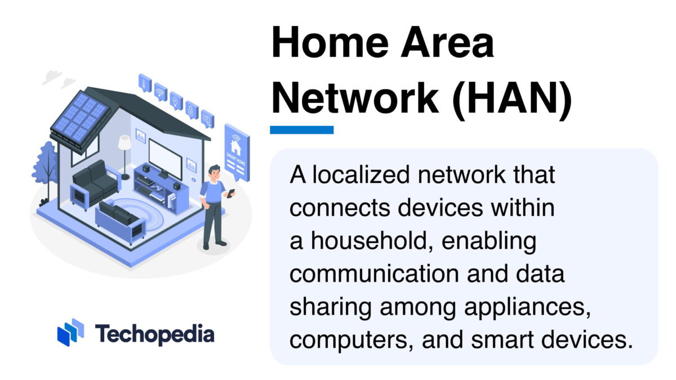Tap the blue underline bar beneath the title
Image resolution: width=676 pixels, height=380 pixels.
pyautogui.click(x=301, y=130)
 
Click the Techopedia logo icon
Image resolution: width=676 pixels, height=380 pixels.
pyautogui.click(x=70, y=332)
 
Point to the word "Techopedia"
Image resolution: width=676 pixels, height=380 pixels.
pyautogui.click(x=154, y=334)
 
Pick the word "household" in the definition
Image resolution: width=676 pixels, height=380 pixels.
pyautogui.click(x=366, y=242)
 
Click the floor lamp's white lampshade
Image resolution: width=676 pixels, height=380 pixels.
pyautogui.click(x=124, y=143)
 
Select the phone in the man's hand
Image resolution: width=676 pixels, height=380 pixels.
pyautogui.click(x=230, y=193)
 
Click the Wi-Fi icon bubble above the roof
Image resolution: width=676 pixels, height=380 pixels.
pyautogui.click(x=161, y=92)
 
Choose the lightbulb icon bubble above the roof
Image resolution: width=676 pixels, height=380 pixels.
pyautogui.click(x=176, y=100)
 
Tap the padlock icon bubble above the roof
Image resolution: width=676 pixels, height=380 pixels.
pyautogui.click(x=192, y=108)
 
